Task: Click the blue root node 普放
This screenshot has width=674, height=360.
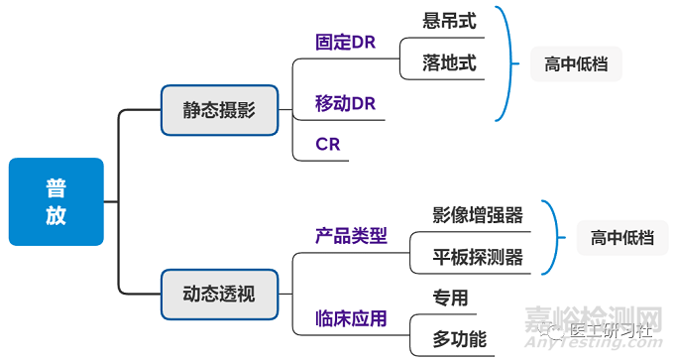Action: [56, 201]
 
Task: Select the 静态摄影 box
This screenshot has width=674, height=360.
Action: [218, 110]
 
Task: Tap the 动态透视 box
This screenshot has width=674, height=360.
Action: [218, 295]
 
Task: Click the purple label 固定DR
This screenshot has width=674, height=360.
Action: [346, 43]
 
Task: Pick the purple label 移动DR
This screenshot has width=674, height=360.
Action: [346, 104]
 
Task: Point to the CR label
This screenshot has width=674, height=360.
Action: [328, 144]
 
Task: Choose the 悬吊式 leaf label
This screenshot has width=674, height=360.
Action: [449, 20]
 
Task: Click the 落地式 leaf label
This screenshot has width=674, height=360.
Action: [449, 63]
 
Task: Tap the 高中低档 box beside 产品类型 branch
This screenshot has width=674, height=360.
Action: [622, 238]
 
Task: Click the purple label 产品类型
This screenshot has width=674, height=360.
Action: [351, 236]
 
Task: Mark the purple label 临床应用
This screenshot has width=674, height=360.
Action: [351, 318]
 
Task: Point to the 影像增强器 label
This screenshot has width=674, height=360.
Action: [478, 215]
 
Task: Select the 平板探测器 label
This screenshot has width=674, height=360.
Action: [478, 258]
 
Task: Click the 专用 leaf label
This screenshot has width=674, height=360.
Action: [450, 298]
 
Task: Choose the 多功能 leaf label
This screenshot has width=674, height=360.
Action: [460, 339]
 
